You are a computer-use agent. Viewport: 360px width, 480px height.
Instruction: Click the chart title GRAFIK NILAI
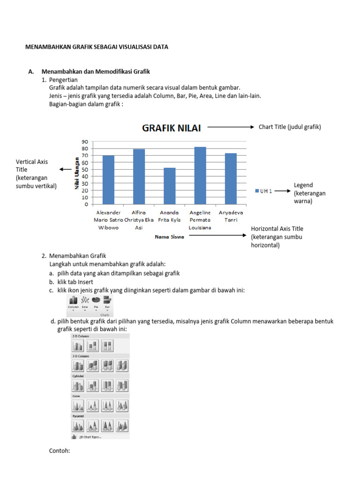coord(171,127)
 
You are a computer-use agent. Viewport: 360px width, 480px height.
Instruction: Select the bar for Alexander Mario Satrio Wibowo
coord(108,180)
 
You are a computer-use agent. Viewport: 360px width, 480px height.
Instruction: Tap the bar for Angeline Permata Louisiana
coord(200,176)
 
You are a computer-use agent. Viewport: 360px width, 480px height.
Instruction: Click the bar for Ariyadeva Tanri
coord(231,179)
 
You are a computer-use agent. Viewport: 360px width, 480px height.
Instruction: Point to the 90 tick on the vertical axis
coord(85,142)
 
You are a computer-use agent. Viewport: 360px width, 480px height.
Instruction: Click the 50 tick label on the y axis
coord(85,169)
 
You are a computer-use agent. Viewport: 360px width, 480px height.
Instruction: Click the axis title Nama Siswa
coord(170,237)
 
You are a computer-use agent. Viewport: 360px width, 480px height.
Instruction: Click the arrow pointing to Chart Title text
coord(230,127)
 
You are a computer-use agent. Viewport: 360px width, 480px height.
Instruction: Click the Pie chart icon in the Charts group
coord(96,300)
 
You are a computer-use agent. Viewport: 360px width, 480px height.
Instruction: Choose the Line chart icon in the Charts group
coord(85,300)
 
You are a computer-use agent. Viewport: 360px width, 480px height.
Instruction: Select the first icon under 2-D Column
coord(77,346)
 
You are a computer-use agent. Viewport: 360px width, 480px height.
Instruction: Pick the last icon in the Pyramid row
coord(122,426)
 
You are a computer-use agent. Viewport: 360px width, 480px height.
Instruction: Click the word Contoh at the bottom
coord(60,451)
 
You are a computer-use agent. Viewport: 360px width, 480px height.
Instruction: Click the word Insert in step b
coord(86,282)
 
